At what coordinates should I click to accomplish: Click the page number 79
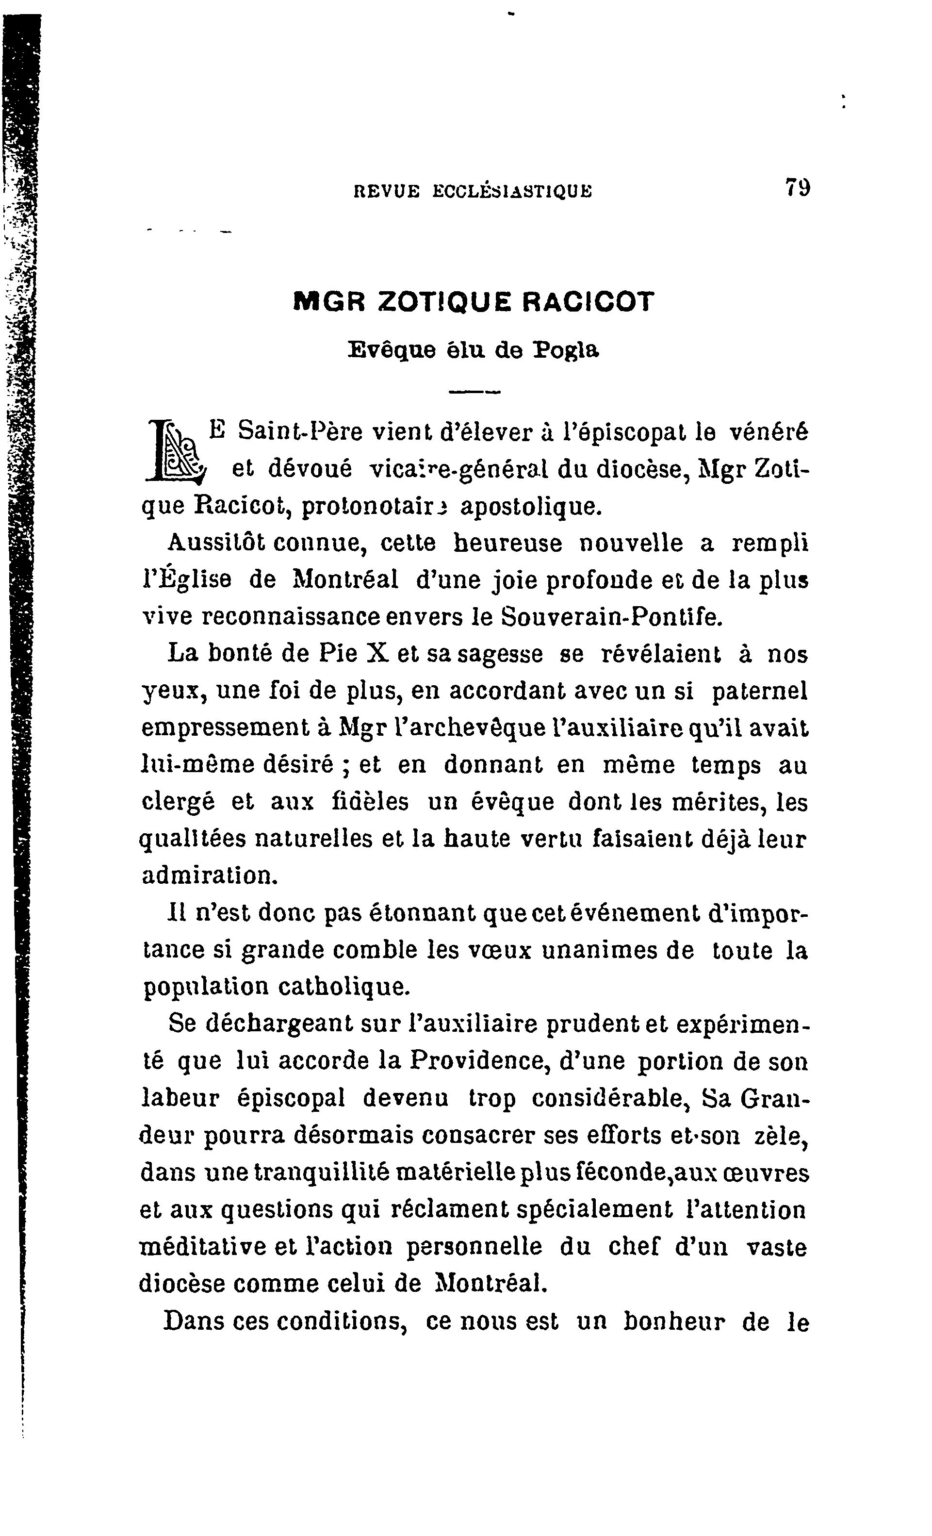pos(798,186)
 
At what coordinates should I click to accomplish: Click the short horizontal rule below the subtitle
pos(474,392)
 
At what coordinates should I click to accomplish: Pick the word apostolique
pos(531,506)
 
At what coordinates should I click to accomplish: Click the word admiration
pos(208,876)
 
